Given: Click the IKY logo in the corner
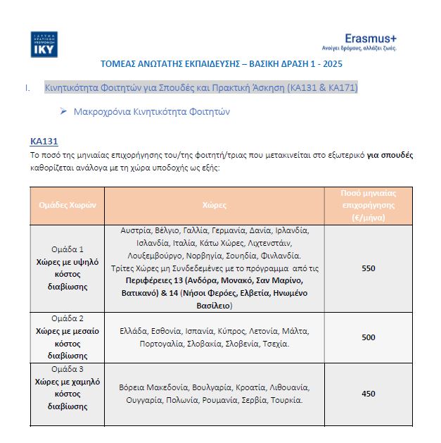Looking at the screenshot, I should pos(44,44).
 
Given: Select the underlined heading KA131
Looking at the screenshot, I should pos(43,141).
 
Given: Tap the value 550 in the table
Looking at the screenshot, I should pos(369,268).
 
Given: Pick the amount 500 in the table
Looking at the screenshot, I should pos(369,337).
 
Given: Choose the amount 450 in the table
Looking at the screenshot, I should pos(369,394).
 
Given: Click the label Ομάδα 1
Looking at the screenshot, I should pos(68,249).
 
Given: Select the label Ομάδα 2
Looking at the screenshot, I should pos(68,318).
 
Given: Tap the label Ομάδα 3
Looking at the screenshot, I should pos(68,368).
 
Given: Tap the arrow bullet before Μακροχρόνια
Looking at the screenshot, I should pos(63,111).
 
